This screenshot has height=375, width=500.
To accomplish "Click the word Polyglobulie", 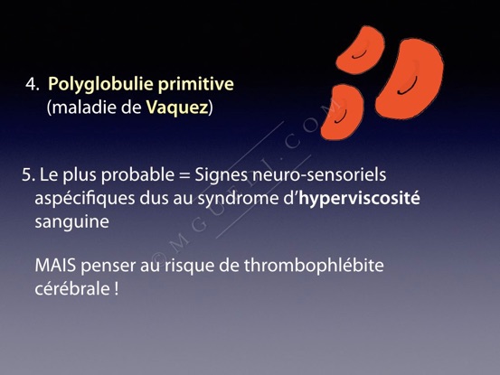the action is (x=100, y=85).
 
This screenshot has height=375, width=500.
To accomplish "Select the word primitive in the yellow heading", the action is (x=196, y=83).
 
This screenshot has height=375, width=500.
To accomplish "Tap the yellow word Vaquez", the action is (x=177, y=108).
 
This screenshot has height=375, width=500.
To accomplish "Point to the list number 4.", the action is (x=33, y=84).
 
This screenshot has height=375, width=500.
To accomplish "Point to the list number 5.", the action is (x=28, y=175).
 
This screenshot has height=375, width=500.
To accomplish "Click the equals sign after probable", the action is (x=184, y=175).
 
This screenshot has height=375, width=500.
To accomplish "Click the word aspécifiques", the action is (x=85, y=199).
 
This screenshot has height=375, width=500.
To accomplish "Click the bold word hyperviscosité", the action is (x=359, y=199).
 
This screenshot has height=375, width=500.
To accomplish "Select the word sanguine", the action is (x=71, y=222).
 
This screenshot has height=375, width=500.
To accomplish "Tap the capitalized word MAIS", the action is (x=55, y=266).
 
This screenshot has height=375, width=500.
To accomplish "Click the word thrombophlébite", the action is (x=314, y=267).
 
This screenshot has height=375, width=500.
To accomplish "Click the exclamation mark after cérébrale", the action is (x=116, y=289).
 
